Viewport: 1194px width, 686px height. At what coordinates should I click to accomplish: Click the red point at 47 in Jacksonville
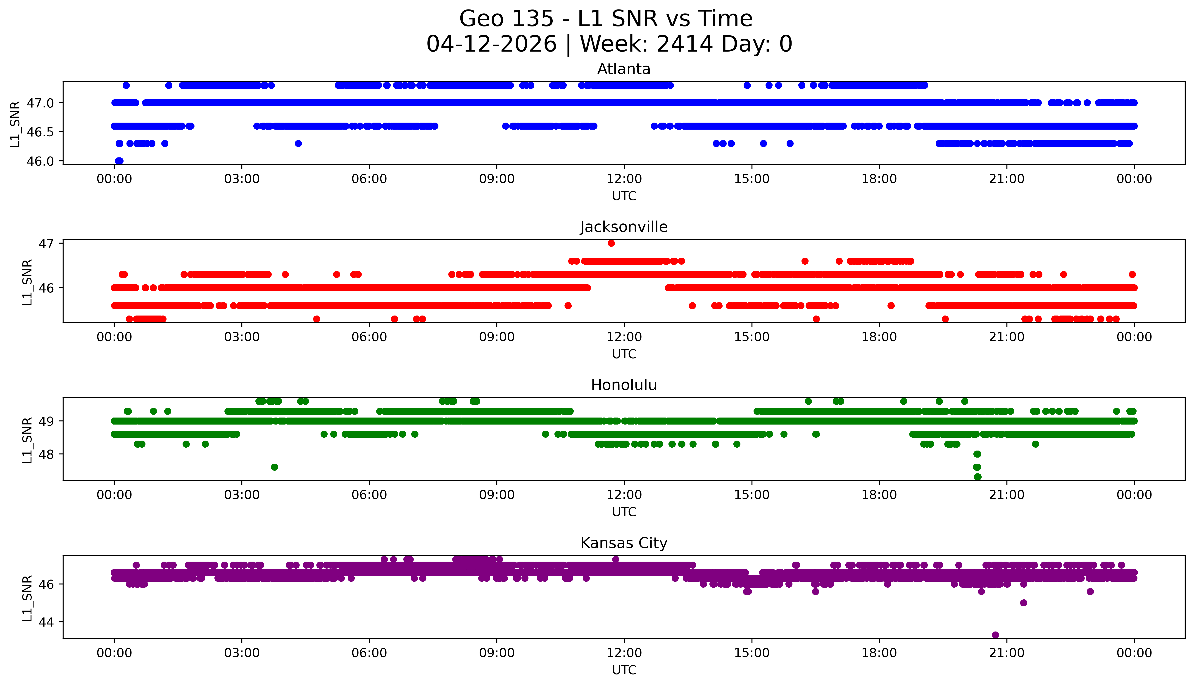coord(611,243)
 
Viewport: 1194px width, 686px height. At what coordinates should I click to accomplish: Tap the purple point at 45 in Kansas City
coord(1023,603)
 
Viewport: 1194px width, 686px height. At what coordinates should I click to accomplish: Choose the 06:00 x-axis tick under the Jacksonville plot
coord(369,337)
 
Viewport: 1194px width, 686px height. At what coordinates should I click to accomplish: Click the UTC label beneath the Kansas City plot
coord(624,669)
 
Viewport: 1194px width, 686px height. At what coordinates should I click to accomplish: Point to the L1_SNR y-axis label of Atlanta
coord(15,123)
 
